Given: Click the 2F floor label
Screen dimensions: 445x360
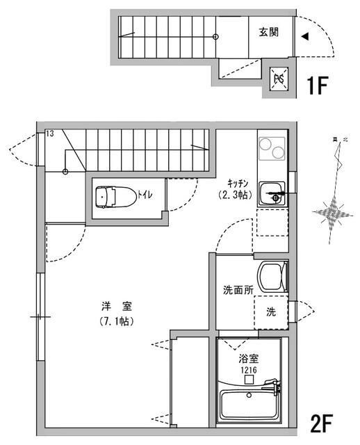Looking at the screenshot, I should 324,422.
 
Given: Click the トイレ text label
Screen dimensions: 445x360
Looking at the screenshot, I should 145,196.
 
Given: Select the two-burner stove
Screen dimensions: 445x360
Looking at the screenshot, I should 272,149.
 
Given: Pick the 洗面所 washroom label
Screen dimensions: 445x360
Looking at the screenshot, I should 237,291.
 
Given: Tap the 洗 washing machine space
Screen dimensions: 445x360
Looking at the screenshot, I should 271,311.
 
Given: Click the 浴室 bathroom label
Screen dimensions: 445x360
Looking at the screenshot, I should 249,359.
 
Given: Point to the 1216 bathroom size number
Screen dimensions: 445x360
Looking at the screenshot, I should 249,371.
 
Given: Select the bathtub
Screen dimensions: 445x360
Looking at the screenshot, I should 250,405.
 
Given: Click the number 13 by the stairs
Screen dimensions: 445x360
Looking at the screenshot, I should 49,133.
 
